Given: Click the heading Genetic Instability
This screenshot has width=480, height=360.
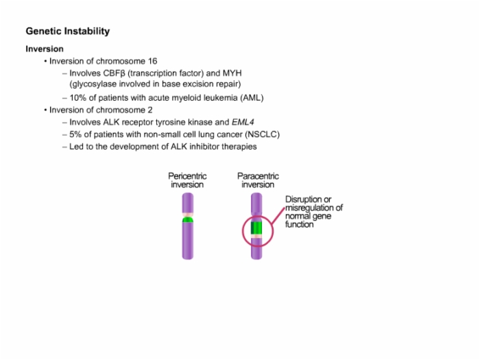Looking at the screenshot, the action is coord(68,32).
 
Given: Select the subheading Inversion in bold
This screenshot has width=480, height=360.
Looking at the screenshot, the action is coord(45,49).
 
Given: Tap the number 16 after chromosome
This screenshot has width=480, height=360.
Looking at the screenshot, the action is coord(152,61).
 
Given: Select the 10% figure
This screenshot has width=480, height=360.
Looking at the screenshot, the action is coord(77,98).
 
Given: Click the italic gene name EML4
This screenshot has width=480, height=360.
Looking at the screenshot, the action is coord(243,123).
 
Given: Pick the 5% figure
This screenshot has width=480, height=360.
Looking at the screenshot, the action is coord(75,134).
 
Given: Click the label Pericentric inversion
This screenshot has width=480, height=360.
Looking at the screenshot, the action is coord(187,180).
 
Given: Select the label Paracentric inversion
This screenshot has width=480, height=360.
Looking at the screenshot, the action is coord(258,180).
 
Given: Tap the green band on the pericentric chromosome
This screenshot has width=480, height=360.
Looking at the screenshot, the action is coord(188,220).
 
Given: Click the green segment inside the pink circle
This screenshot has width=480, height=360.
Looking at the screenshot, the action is coord(256,228).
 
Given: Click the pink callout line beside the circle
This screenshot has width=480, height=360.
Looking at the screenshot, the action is coord(278,217).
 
